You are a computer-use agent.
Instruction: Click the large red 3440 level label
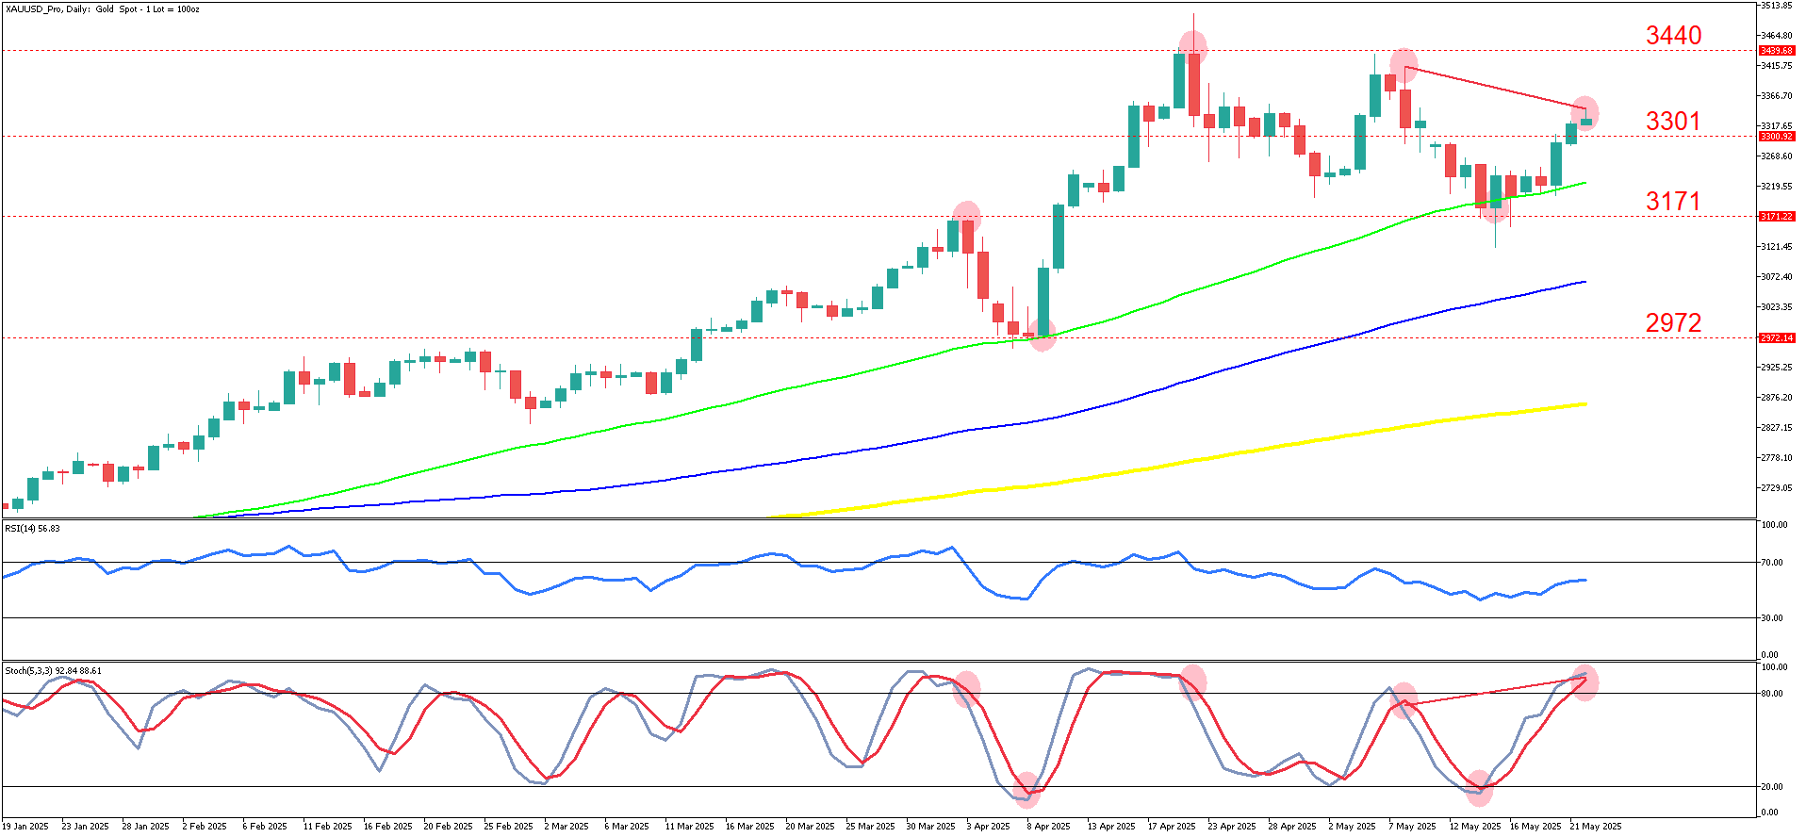coord(1673,36)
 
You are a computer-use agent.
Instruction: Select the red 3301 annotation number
coord(1673,122)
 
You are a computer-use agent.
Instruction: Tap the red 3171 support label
coord(1673,202)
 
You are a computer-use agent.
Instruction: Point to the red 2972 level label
coord(1673,323)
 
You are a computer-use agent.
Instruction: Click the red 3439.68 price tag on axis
coord(1776,51)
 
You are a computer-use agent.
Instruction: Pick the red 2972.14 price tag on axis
coord(1776,337)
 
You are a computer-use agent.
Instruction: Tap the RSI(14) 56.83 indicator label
coord(33,529)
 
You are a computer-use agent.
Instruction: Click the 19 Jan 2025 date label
coord(25,827)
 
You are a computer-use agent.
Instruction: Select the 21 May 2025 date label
coord(1595,827)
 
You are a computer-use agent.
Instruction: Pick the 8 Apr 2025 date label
coord(1048,827)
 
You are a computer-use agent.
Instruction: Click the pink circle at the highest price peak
coord(1193,44)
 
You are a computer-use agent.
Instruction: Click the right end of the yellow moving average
coord(1585,404)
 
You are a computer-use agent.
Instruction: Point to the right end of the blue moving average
coord(1585,282)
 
